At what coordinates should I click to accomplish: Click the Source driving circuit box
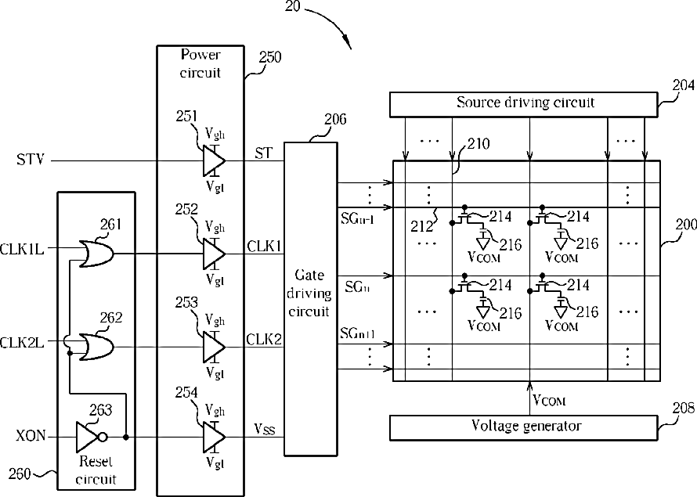(524, 104)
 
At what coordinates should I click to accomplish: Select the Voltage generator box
(524, 427)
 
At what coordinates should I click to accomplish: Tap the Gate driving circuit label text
(309, 294)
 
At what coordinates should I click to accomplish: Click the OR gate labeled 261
(96, 254)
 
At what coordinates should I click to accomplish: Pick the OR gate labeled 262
(96, 348)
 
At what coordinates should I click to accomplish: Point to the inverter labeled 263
(92, 437)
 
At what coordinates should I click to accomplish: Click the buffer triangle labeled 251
(214, 160)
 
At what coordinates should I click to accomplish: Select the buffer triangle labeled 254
(214, 437)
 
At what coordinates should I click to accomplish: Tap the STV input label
(31, 160)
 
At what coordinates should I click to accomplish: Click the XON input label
(31, 436)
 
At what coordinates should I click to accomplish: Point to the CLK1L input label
(22, 249)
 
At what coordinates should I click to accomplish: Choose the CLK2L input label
(22, 343)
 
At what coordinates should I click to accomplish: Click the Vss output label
(265, 429)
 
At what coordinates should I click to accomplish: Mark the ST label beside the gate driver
(263, 153)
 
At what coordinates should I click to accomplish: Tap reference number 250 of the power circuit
(270, 57)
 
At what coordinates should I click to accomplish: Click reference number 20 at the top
(292, 6)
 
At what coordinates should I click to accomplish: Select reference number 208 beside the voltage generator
(684, 407)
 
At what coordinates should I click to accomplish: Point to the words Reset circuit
(96, 470)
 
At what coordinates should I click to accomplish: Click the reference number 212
(421, 226)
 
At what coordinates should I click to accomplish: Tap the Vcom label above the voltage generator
(549, 400)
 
